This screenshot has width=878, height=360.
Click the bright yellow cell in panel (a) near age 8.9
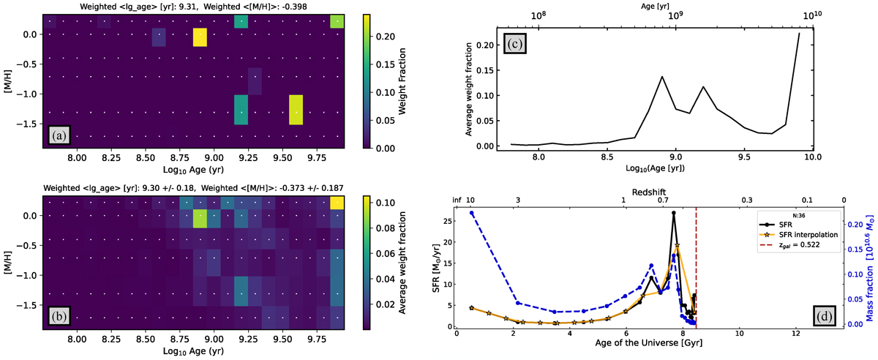pyautogui.click(x=200, y=37)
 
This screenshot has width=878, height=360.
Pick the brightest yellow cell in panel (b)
pyautogui.click(x=337, y=202)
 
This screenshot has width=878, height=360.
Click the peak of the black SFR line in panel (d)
pyautogui.click(x=673, y=213)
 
